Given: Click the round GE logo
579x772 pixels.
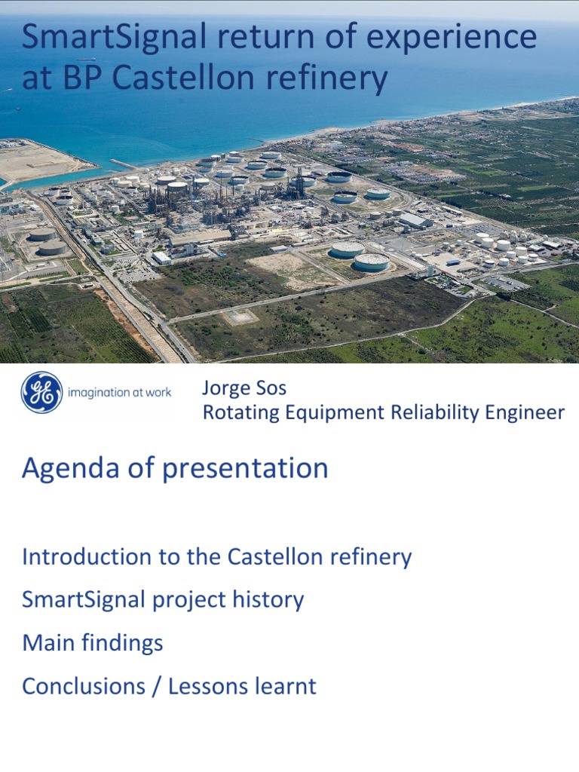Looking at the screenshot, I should tap(42, 393).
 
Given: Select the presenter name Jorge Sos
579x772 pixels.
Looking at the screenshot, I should tap(244, 390).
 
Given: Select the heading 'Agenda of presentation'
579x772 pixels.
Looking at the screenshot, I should tap(175, 468).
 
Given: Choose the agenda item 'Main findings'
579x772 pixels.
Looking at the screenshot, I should tap(93, 643).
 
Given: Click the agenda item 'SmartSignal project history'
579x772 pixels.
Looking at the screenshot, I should tap(163, 600).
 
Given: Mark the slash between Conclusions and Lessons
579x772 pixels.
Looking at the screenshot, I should tap(156, 687).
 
